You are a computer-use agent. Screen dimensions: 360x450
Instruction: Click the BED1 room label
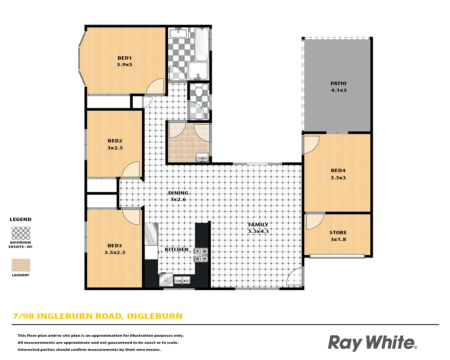[125, 58]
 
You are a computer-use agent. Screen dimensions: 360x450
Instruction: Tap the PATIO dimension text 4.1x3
[338, 90]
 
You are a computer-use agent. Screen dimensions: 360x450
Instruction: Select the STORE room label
[338, 233]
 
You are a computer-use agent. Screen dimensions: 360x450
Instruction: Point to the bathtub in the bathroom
[202, 44]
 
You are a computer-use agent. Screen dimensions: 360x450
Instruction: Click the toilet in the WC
[199, 90]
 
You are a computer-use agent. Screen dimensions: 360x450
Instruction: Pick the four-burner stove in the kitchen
[201, 255]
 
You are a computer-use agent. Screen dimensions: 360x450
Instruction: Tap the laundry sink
[202, 157]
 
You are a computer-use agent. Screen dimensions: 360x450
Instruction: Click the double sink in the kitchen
[182, 280]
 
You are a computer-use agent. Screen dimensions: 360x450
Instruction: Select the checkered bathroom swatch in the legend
[21, 233]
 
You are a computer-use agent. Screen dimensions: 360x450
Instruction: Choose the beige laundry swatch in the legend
[21, 265]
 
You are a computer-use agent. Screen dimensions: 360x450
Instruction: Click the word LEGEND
[20, 219]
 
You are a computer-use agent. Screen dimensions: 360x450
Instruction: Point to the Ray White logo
[372, 343]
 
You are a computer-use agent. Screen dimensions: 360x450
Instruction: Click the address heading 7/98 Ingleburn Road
[97, 316]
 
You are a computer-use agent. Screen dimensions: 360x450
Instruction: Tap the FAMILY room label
[258, 225]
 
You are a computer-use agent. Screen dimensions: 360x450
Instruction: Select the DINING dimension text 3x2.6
[178, 199]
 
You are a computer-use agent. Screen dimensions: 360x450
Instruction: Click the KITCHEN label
[176, 249]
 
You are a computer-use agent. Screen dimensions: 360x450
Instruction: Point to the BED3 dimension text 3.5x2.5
[115, 253]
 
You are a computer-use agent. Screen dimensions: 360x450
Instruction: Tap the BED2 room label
[115, 141]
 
